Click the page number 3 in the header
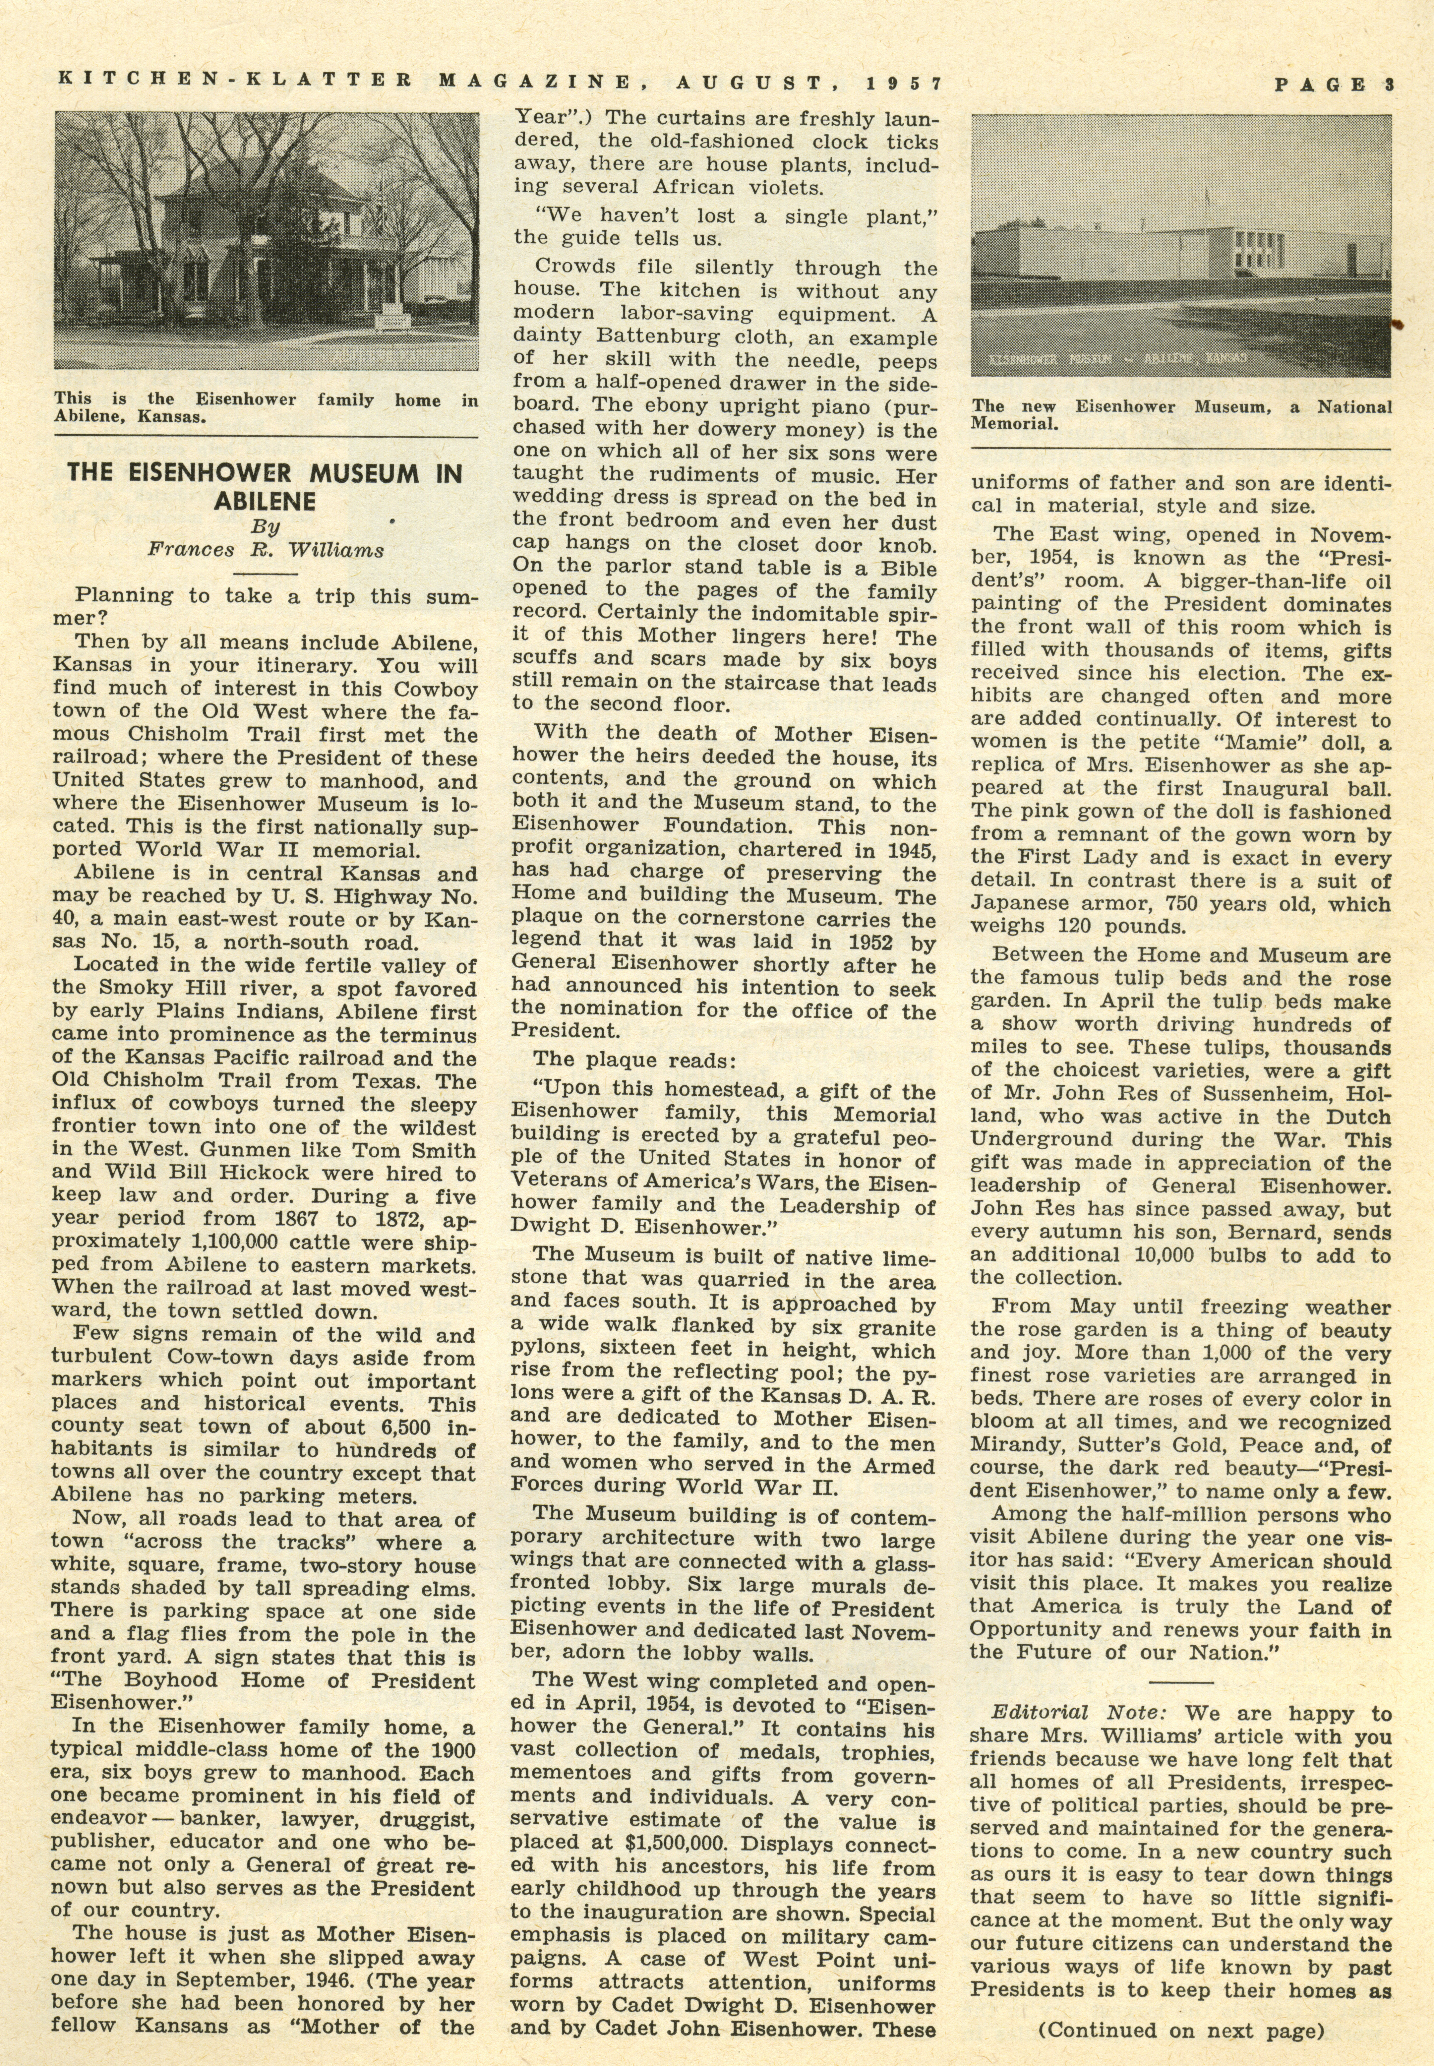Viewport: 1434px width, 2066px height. coord(1388,86)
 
